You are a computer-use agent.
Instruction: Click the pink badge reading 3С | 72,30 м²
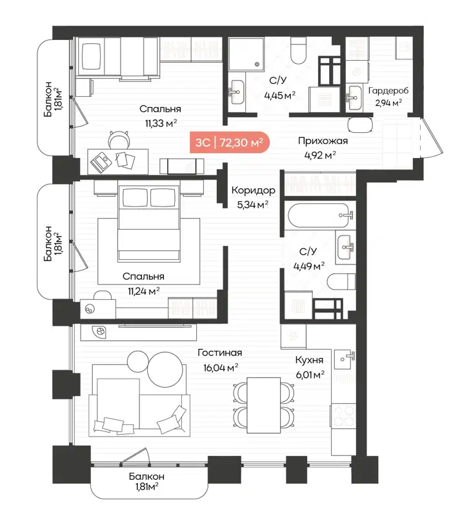pos(229,143)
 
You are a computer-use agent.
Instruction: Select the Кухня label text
pos(309,360)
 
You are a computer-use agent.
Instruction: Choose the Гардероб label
pos(388,90)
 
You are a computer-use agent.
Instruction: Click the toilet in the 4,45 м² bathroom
pos(299,50)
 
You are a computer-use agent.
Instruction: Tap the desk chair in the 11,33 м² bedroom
pos(118,138)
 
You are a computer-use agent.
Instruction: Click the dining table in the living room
pos(260,401)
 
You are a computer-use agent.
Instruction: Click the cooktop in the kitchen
pos(343,413)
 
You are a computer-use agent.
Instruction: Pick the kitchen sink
pos(345,357)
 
